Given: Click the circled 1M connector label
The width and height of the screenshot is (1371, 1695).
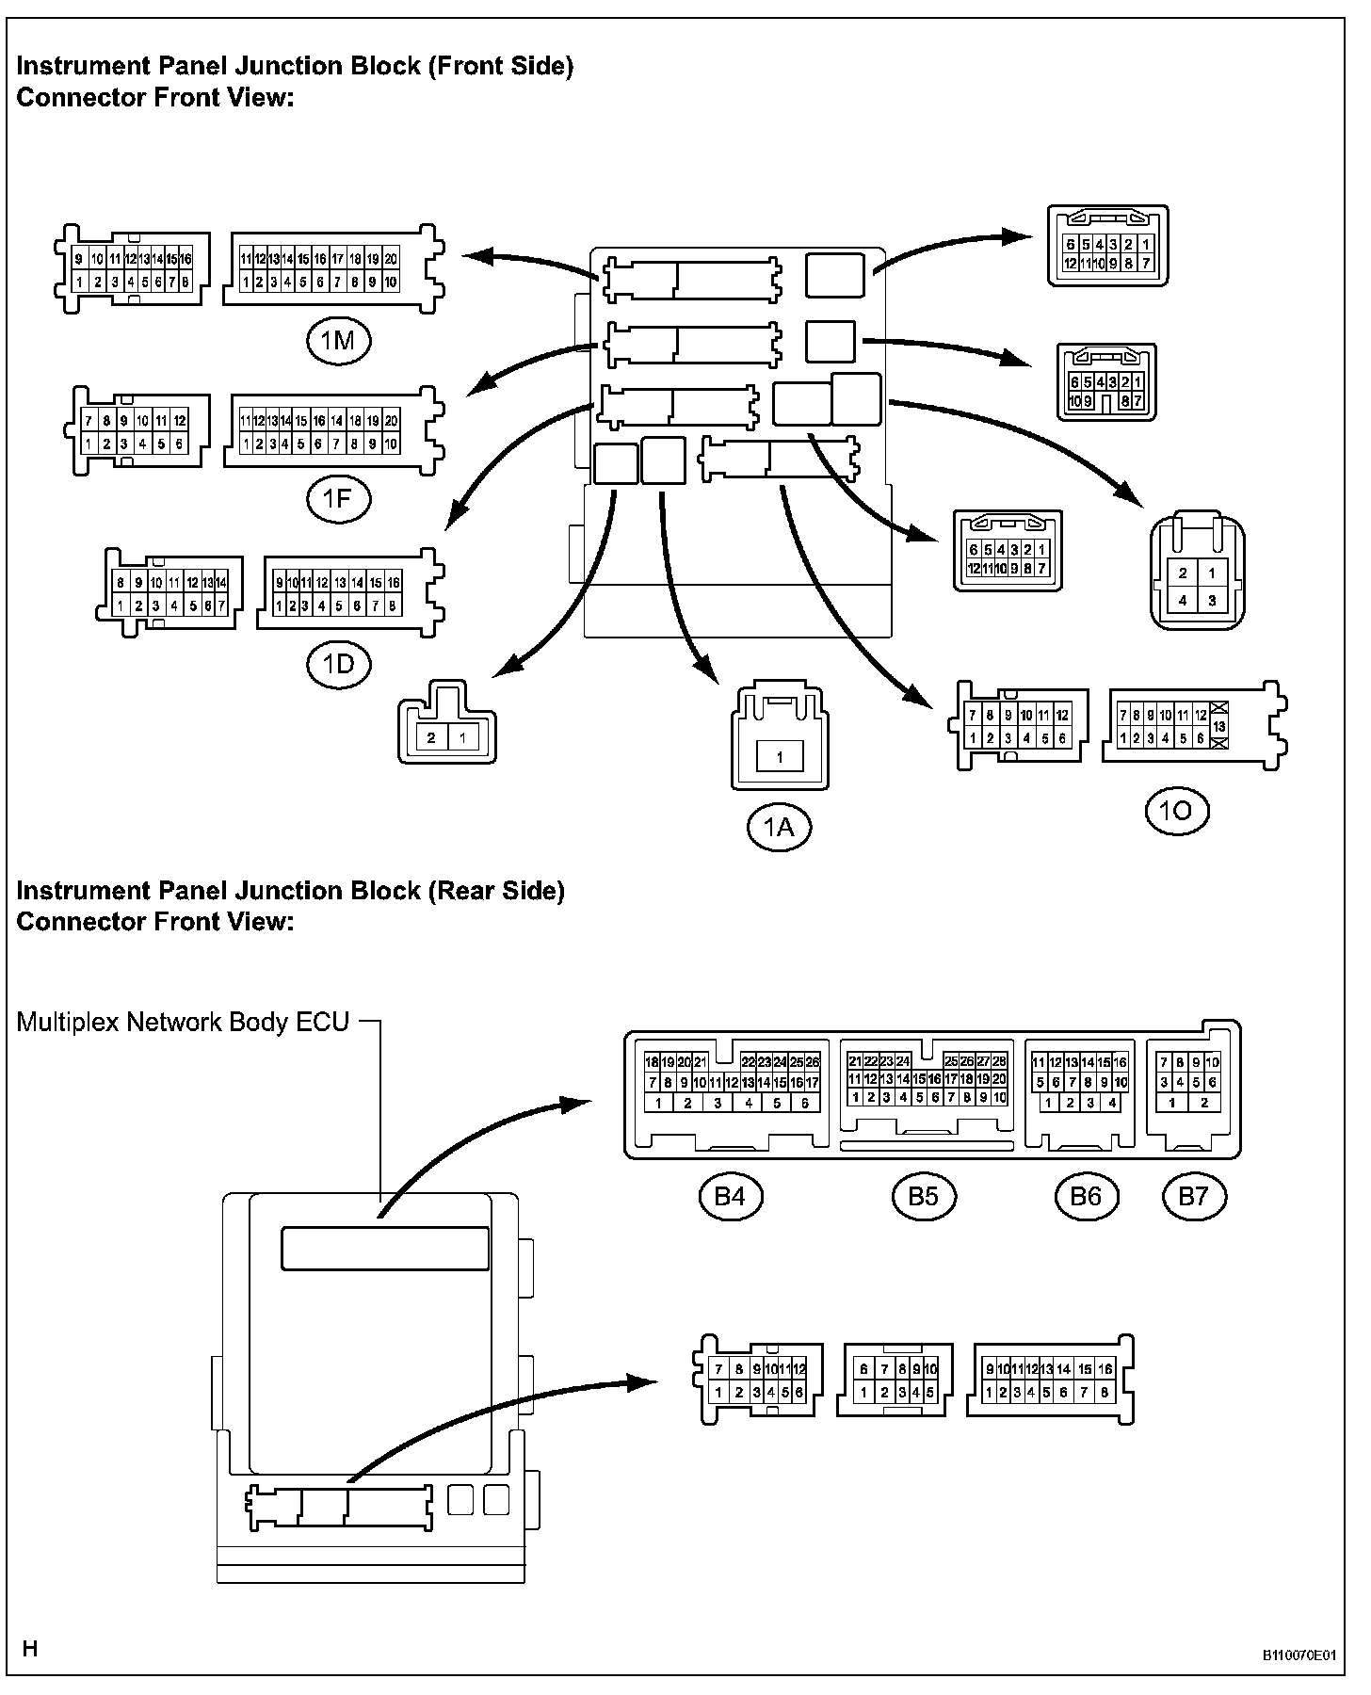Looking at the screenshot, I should tap(338, 340).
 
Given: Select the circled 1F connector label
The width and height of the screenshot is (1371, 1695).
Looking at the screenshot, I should tap(338, 500).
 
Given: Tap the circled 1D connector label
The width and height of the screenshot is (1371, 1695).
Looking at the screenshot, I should tap(338, 665).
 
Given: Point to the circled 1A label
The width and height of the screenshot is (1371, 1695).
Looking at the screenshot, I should tap(779, 828).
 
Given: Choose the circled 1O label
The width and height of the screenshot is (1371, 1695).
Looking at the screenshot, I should tap(1177, 811).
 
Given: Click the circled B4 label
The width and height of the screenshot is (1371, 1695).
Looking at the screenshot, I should tap(731, 1196).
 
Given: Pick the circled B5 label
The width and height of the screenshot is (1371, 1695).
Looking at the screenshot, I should tap(924, 1196).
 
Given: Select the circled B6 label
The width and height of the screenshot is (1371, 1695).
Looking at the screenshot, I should tap(1086, 1196).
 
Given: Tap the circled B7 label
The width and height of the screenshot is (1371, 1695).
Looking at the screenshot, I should tap(1193, 1196).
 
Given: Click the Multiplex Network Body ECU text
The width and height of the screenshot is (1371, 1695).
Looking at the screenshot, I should tap(183, 1023).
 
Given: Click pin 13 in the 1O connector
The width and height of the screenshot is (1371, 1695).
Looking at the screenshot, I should tap(1220, 728).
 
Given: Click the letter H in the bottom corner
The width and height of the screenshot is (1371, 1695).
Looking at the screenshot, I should tap(30, 1649).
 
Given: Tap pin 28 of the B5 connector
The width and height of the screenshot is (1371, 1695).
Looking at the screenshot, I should tap(999, 1061).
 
